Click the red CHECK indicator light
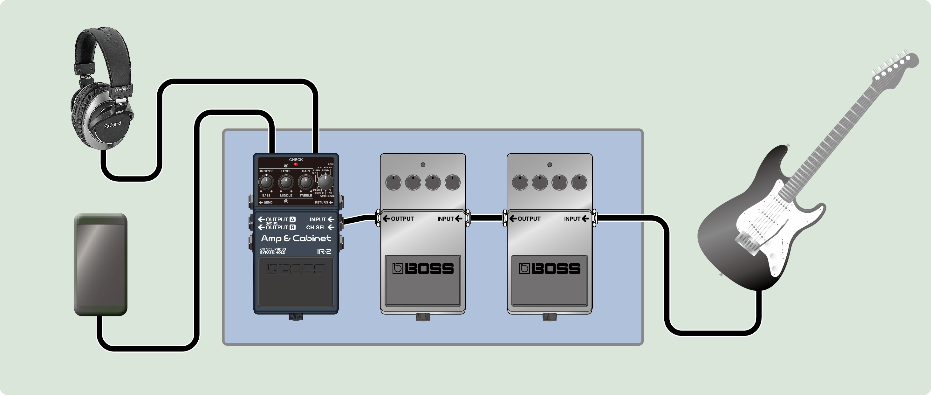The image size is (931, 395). [296, 164]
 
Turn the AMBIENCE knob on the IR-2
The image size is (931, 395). [266, 182]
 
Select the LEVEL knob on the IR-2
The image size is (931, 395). [286, 182]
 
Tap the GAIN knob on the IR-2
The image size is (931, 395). [306, 182]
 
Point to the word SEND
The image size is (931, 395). [268, 202]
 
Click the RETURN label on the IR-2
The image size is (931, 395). [321, 202]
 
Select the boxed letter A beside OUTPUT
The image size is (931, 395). [292, 219]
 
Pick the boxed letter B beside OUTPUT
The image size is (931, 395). [292, 227]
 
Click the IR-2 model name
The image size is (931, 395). [324, 251]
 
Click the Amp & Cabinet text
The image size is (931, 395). [296, 239]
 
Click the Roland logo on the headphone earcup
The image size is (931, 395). [113, 125]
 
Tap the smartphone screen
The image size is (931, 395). [100, 264]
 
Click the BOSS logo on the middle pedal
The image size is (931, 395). [423, 269]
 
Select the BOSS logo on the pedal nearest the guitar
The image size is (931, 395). [549, 269]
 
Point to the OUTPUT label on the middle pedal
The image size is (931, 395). [402, 218]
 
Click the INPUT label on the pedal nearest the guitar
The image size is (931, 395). [572, 218]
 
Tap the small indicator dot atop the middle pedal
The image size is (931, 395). [423, 165]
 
